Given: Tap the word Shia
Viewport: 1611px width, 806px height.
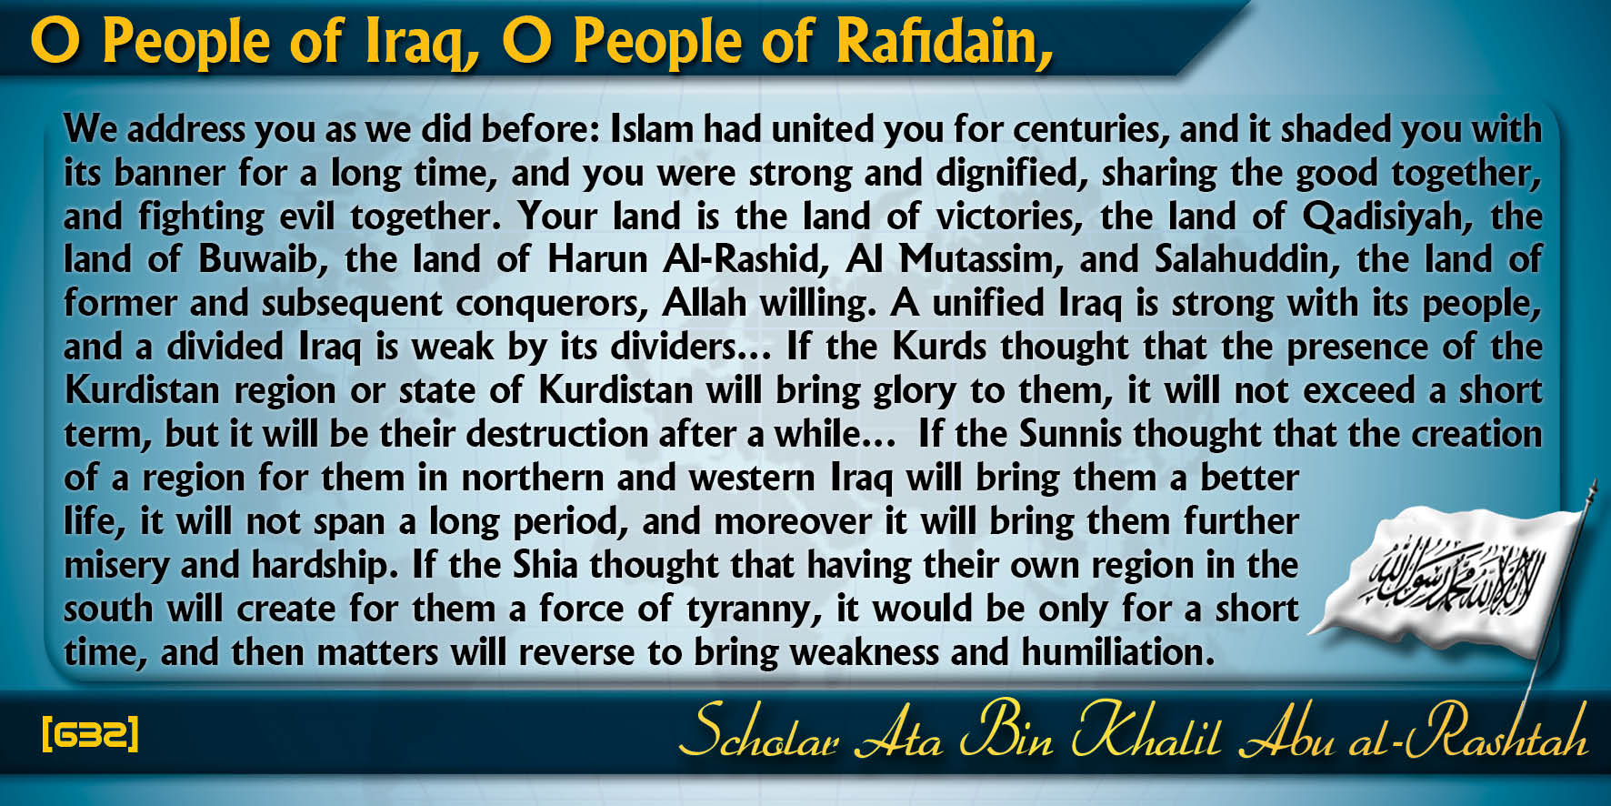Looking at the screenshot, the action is (545, 566).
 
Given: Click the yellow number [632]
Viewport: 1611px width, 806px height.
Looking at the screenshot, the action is (91, 733).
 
